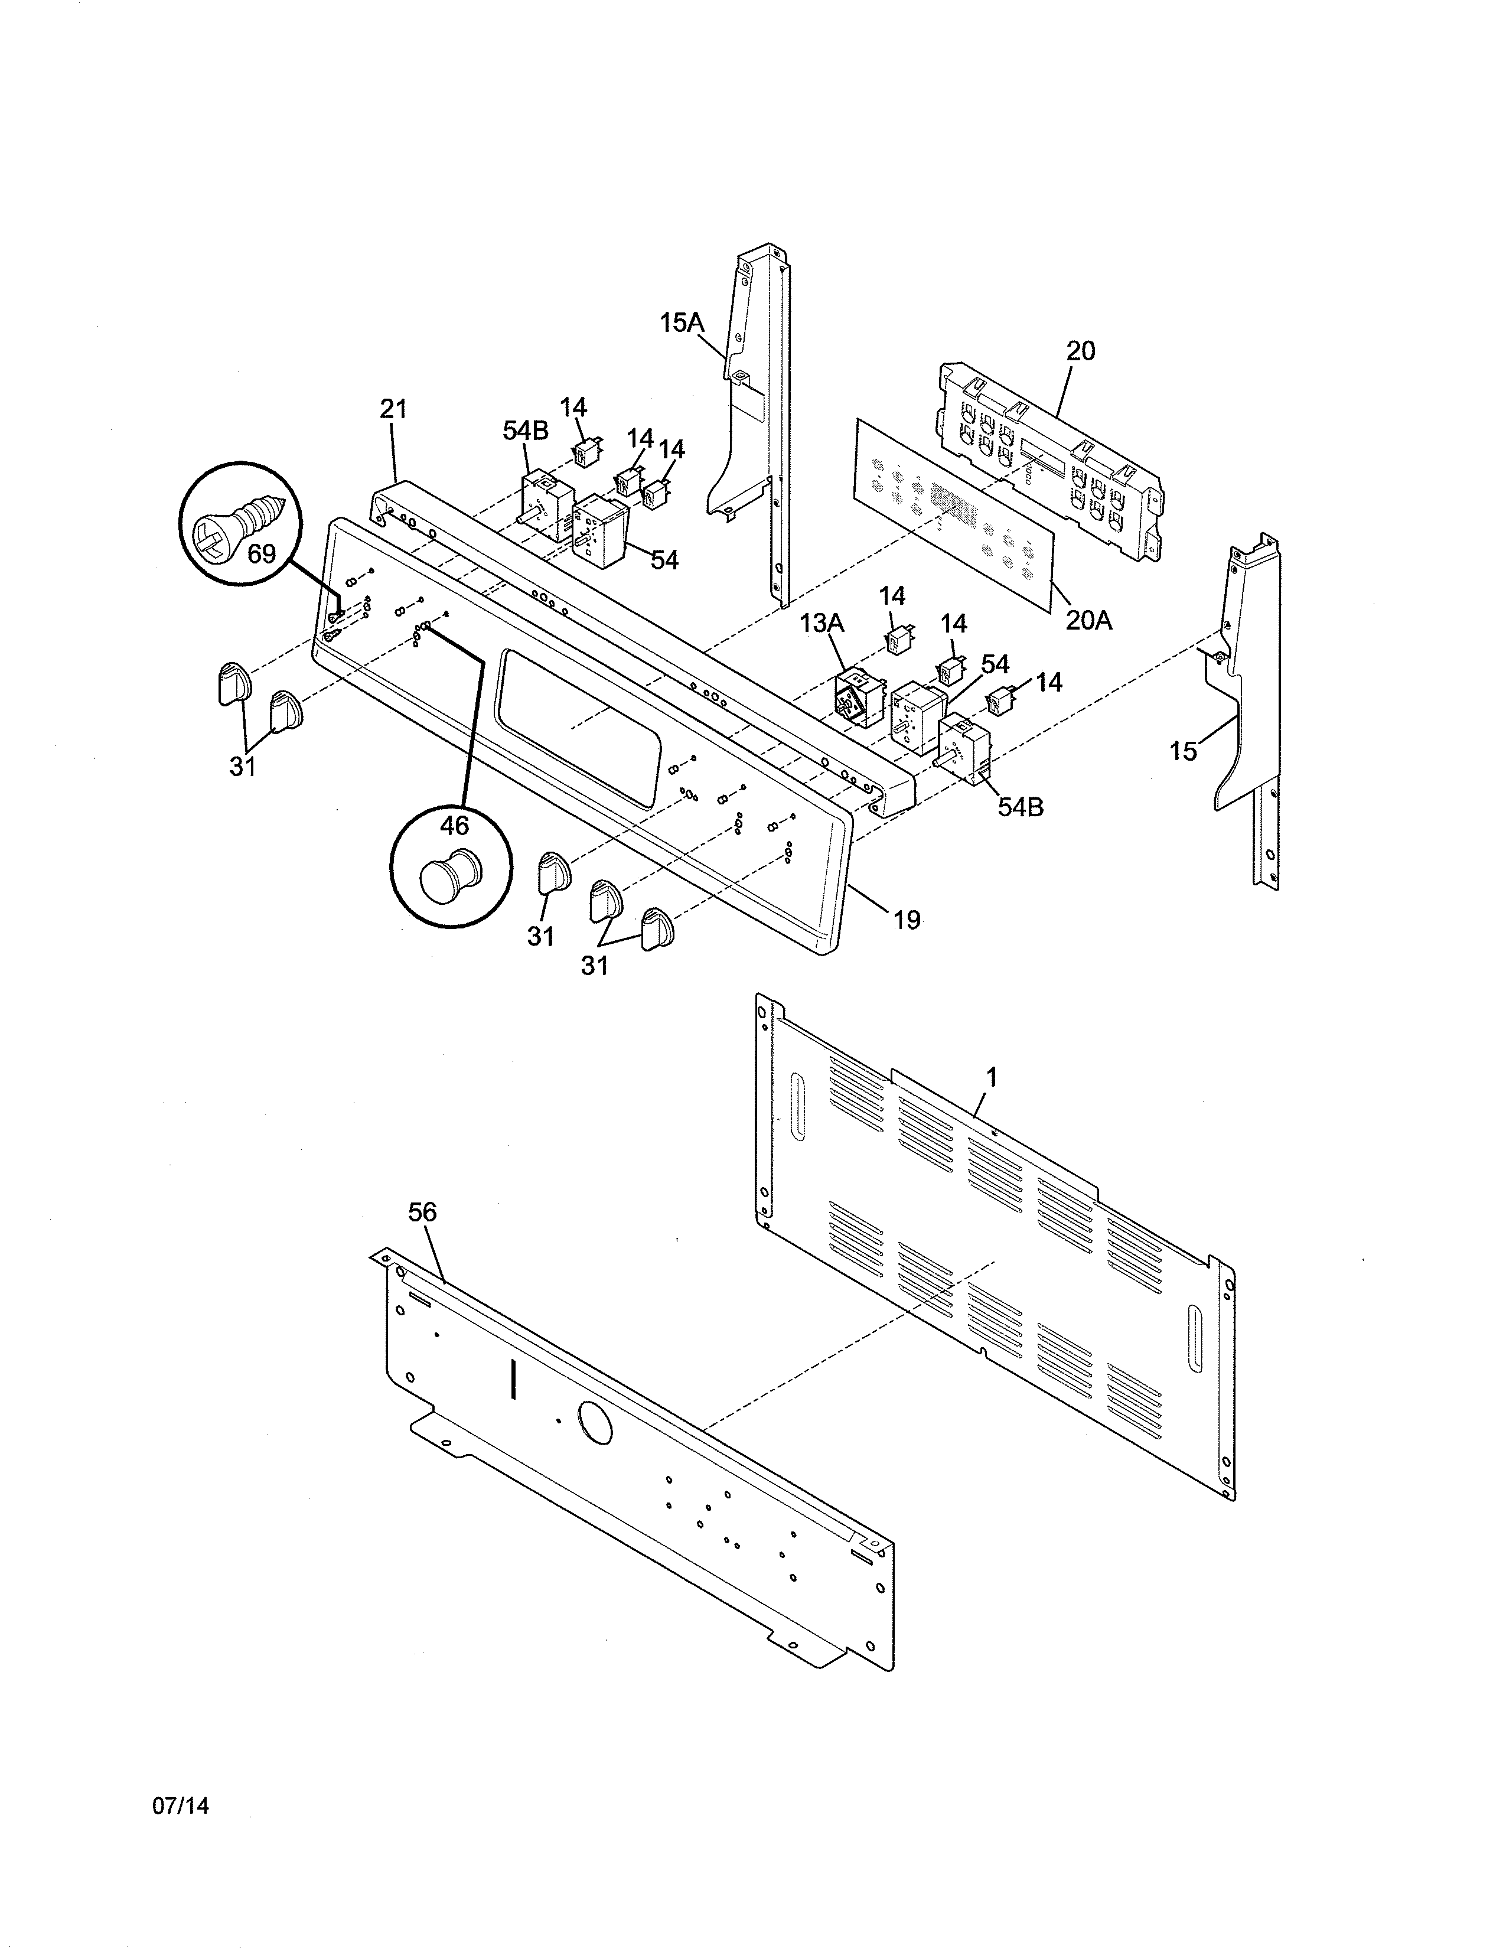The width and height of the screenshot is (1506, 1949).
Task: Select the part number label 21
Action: (x=393, y=410)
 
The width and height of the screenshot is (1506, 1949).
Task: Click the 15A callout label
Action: (x=682, y=322)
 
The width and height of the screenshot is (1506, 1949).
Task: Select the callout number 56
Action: (x=423, y=1212)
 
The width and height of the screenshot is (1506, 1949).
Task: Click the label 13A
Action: (x=821, y=623)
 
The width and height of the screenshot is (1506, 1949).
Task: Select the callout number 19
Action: (x=907, y=919)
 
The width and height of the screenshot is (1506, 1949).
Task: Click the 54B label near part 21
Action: (x=526, y=430)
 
